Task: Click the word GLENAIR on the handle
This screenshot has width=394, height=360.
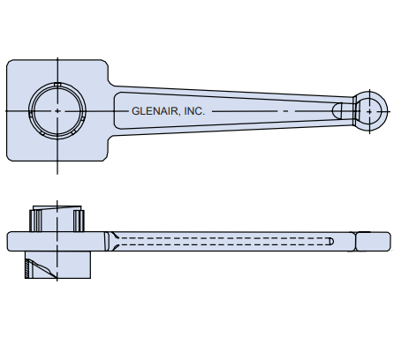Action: (154, 111)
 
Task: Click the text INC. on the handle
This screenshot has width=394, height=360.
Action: (193, 111)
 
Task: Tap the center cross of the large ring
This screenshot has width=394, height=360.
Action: (57, 111)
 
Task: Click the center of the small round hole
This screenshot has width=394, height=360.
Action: (370, 110)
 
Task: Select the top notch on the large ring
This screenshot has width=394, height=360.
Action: (57, 85)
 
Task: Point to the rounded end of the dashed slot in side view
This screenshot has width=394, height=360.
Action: (330, 241)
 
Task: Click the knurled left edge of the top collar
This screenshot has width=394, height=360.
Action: (34, 218)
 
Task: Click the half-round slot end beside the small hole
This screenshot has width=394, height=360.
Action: (338, 110)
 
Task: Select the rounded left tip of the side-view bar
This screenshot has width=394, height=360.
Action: (10, 241)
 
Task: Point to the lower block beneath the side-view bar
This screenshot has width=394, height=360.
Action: (57, 265)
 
